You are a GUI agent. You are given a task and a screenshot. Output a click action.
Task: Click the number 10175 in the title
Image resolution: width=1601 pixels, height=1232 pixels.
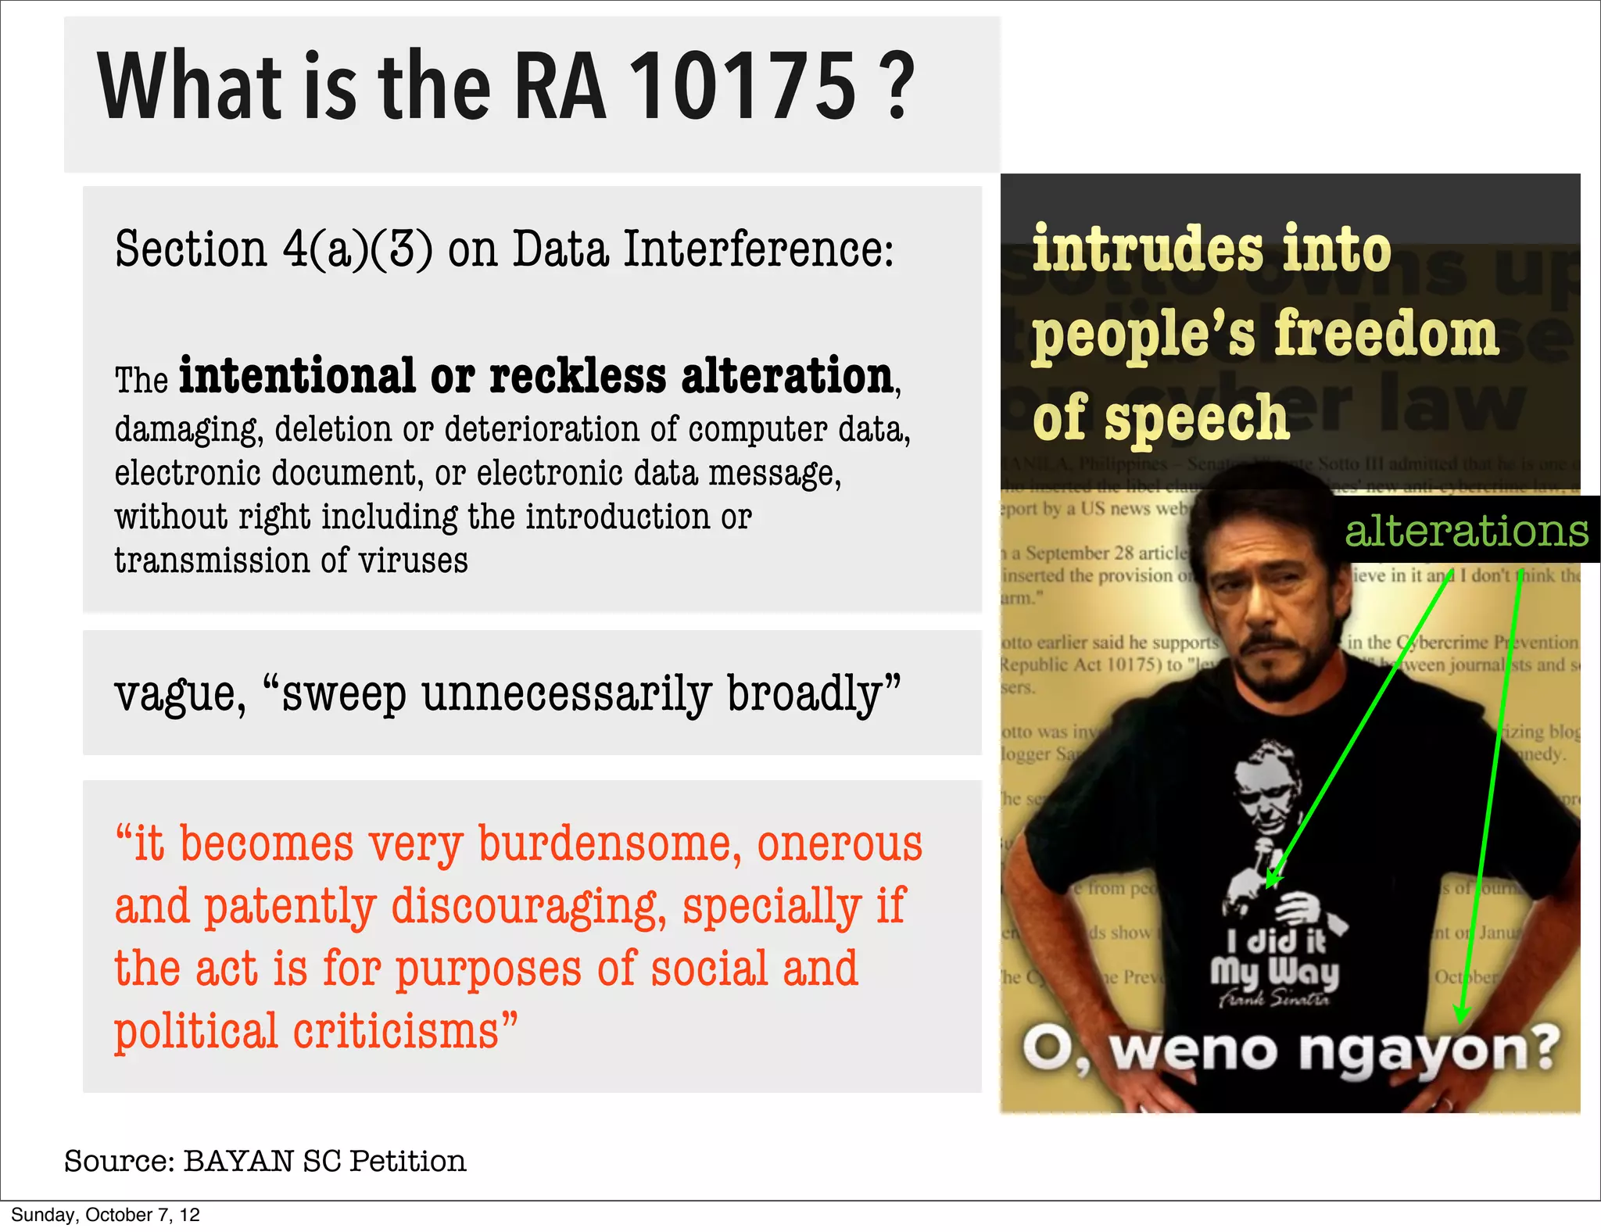[x=743, y=86]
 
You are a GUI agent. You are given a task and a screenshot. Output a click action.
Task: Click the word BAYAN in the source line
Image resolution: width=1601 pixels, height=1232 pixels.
[x=238, y=1162]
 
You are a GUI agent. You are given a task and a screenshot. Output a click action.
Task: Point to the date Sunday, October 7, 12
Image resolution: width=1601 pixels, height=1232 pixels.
[x=106, y=1215]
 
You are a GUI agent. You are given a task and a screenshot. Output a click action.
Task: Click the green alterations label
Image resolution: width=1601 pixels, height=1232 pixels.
[x=1467, y=532]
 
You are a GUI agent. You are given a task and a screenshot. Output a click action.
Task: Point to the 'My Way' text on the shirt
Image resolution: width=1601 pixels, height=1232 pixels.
[x=1274, y=973]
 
